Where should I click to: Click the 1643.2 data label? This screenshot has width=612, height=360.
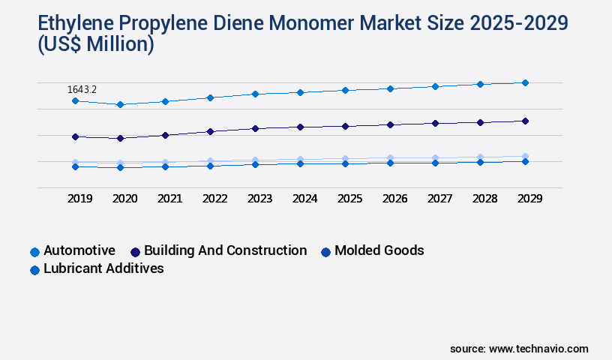point(82,89)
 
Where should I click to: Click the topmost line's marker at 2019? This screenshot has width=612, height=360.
point(75,100)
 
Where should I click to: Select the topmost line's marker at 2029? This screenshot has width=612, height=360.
point(525,82)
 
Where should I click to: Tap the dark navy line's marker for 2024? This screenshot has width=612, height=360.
point(300,127)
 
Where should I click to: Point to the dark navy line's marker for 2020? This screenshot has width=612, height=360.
point(120,138)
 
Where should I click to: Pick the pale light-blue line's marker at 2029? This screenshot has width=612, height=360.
point(525,156)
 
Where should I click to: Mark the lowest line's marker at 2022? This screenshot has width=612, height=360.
point(210,166)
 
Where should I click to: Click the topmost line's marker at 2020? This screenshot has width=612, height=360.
point(120,104)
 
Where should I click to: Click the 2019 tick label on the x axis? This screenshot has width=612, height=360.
point(80,199)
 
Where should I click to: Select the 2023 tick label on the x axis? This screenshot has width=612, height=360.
point(260,199)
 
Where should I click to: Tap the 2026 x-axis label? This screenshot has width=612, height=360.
point(395,199)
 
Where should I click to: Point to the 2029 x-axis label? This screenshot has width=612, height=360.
point(529,199)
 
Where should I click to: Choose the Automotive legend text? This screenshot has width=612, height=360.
point(79,250)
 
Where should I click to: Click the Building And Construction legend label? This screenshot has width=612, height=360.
point(225,250)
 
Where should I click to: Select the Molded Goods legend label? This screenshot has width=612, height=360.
point(379,250)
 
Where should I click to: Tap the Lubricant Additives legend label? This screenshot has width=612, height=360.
point(103,268)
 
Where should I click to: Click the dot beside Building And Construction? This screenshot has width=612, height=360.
point(135,252)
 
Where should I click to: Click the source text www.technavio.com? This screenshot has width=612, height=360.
point(538,349)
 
